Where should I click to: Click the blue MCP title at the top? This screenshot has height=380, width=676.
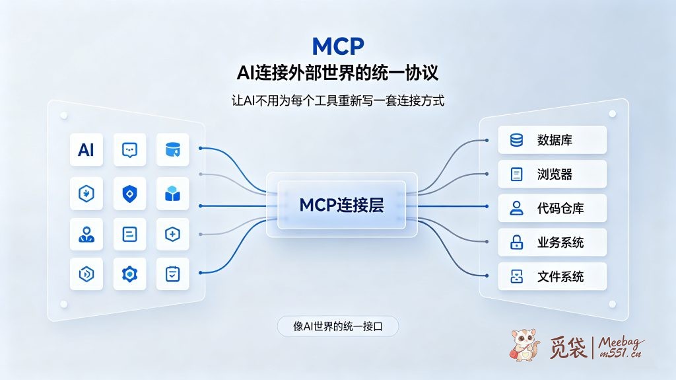pyautogui.click(x=338, y=46)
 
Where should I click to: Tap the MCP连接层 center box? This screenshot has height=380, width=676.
pyautogui.click(x=342, y=205)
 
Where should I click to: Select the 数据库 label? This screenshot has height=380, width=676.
pyautogui.click(x=555, y=140)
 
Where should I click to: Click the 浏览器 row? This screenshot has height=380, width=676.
pyautogui.click(x=553, y=174)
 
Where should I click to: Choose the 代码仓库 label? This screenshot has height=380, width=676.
pyautogui.click(x=560, y=208)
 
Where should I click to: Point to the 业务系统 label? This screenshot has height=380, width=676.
pyautogui.click(x=560, y=243)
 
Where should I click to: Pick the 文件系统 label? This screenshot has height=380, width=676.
pyautogui.click(x=560, y=276)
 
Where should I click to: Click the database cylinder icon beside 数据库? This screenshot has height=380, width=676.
pyautogui.click(x=516, y=140)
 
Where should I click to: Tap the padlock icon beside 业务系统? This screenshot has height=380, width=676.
pyautogui.click(x=516, y=243)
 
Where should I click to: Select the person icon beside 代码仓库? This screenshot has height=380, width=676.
pyautogui.click(x=516, y=208)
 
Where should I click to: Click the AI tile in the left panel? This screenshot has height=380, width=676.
pyautogui.click(x=86, y=150)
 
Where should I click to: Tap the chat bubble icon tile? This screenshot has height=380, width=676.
pyautogui.click(x=130, y=150)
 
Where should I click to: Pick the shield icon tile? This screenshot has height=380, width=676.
pyautogui.click(x=130, y=194)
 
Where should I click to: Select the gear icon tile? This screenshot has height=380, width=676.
pyautogui.click(x=130, y=274)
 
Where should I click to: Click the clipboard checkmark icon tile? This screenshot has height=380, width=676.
pyautogui.click(x=172, y=274)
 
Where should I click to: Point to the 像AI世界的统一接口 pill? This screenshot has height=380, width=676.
pyautogui.click(x=338, y=326)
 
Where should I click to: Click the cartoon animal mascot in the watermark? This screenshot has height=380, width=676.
pyautogui.click(x=524, y=345)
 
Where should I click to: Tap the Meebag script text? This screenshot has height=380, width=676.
pyautogui.click(x=621, y=342)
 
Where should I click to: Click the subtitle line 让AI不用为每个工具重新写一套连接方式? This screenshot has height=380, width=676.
pyautogui.click(x=338, y=101)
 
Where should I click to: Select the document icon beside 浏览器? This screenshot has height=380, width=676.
pyautogui.click(x=516, y=174)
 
